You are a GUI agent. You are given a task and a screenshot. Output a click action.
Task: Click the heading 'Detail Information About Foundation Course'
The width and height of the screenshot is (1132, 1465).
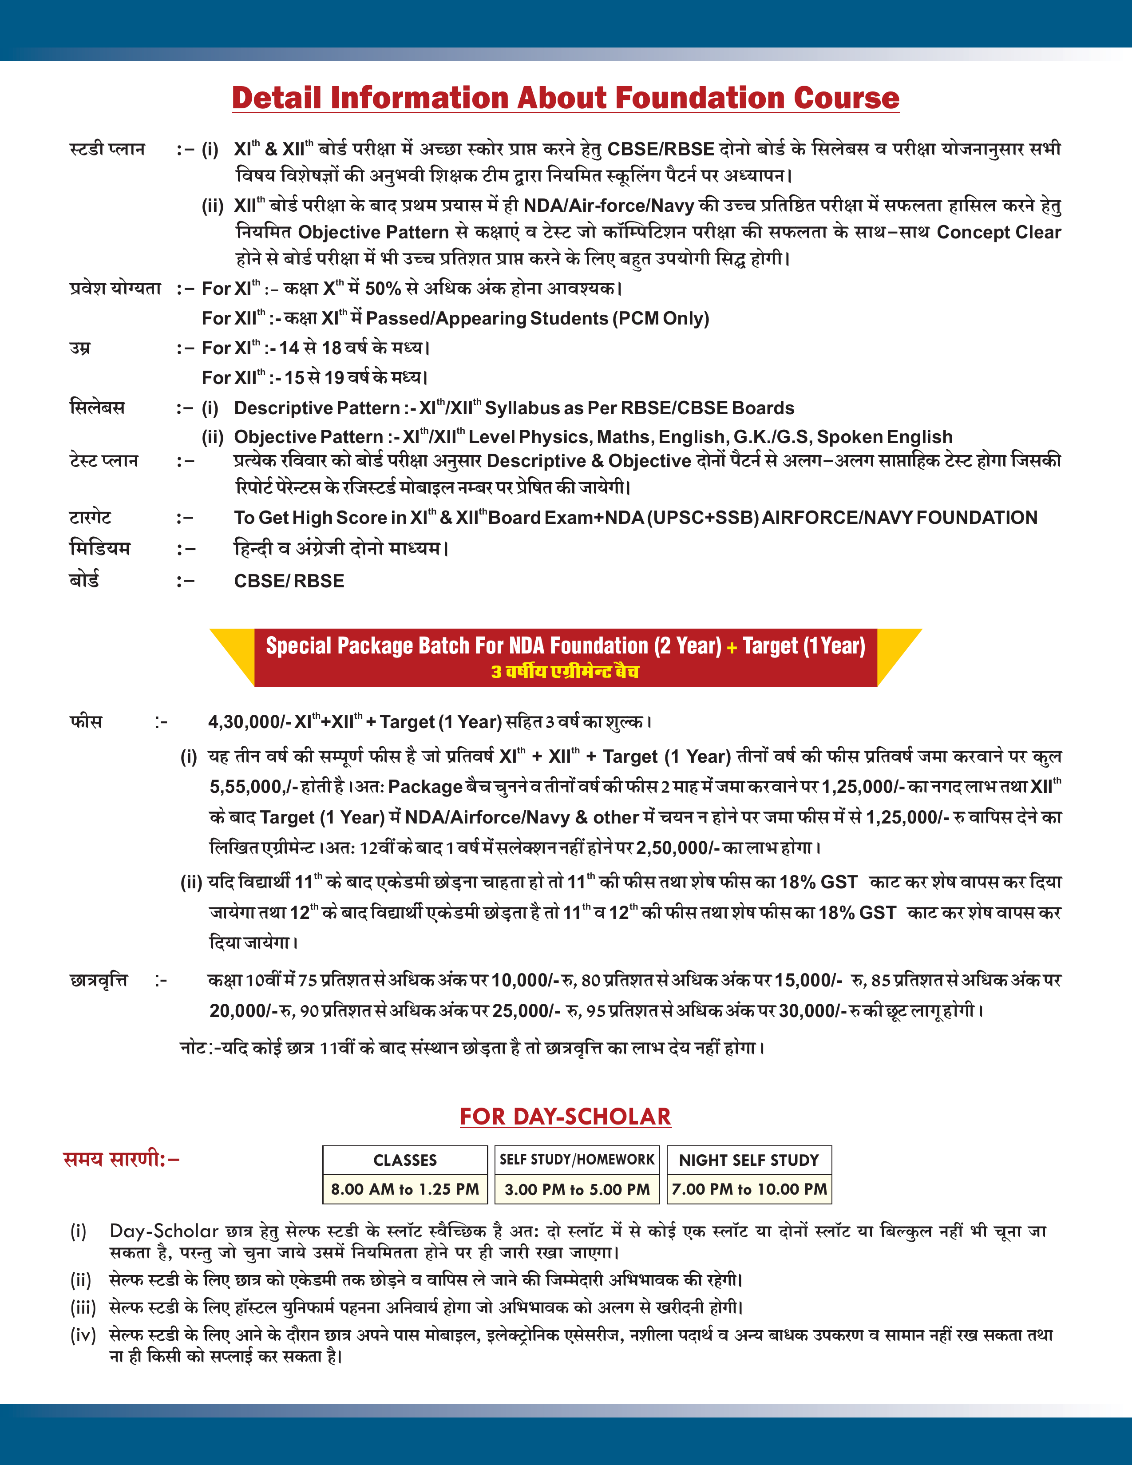(565, 98)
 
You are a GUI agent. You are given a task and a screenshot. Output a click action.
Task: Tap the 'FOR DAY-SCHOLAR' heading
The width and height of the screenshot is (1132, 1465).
(565, 1117)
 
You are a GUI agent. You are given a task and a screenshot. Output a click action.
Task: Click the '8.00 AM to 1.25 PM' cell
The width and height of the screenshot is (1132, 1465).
(405, 1189)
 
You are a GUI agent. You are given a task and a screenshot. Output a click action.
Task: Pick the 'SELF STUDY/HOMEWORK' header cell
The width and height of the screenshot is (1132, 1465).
(577, 1160)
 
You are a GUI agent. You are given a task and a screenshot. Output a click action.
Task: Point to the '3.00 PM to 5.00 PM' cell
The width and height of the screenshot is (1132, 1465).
(577, 1189)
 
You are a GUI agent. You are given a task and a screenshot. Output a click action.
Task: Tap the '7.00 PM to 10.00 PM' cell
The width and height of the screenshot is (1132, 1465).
(749, 1189)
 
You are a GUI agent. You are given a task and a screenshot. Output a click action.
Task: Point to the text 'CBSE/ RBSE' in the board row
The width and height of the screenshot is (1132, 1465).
(289, 581)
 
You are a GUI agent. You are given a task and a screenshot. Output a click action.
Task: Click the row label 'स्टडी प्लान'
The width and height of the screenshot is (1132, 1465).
(107, 149)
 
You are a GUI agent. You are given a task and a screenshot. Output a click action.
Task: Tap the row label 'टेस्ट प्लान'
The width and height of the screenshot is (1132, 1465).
(104, 461)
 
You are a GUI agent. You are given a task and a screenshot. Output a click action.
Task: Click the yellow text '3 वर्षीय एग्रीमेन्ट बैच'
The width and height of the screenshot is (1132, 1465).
(565, 671)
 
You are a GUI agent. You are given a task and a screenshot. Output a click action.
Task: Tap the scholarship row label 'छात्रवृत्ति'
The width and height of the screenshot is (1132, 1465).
(99, 981)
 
